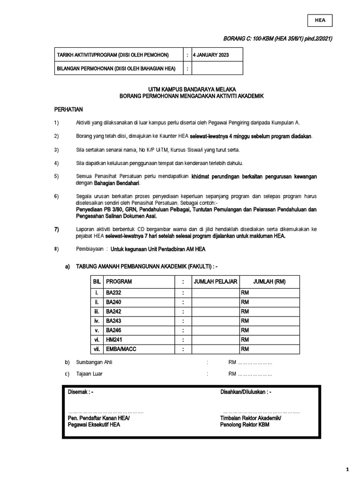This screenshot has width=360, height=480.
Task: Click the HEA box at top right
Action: point(320,21)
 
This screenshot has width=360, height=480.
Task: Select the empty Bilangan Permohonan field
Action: point(217,68)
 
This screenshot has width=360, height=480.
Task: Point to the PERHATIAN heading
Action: point(69,109)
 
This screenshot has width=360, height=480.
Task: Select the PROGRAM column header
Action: point(119,281)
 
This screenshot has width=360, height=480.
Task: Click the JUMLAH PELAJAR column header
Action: point(214,281)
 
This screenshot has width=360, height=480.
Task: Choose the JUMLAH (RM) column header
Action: point(269,281)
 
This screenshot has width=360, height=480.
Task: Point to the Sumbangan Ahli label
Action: point(91,362)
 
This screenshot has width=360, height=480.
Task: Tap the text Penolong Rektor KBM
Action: point(244,424)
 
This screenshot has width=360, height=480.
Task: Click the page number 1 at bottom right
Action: point(347,469)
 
